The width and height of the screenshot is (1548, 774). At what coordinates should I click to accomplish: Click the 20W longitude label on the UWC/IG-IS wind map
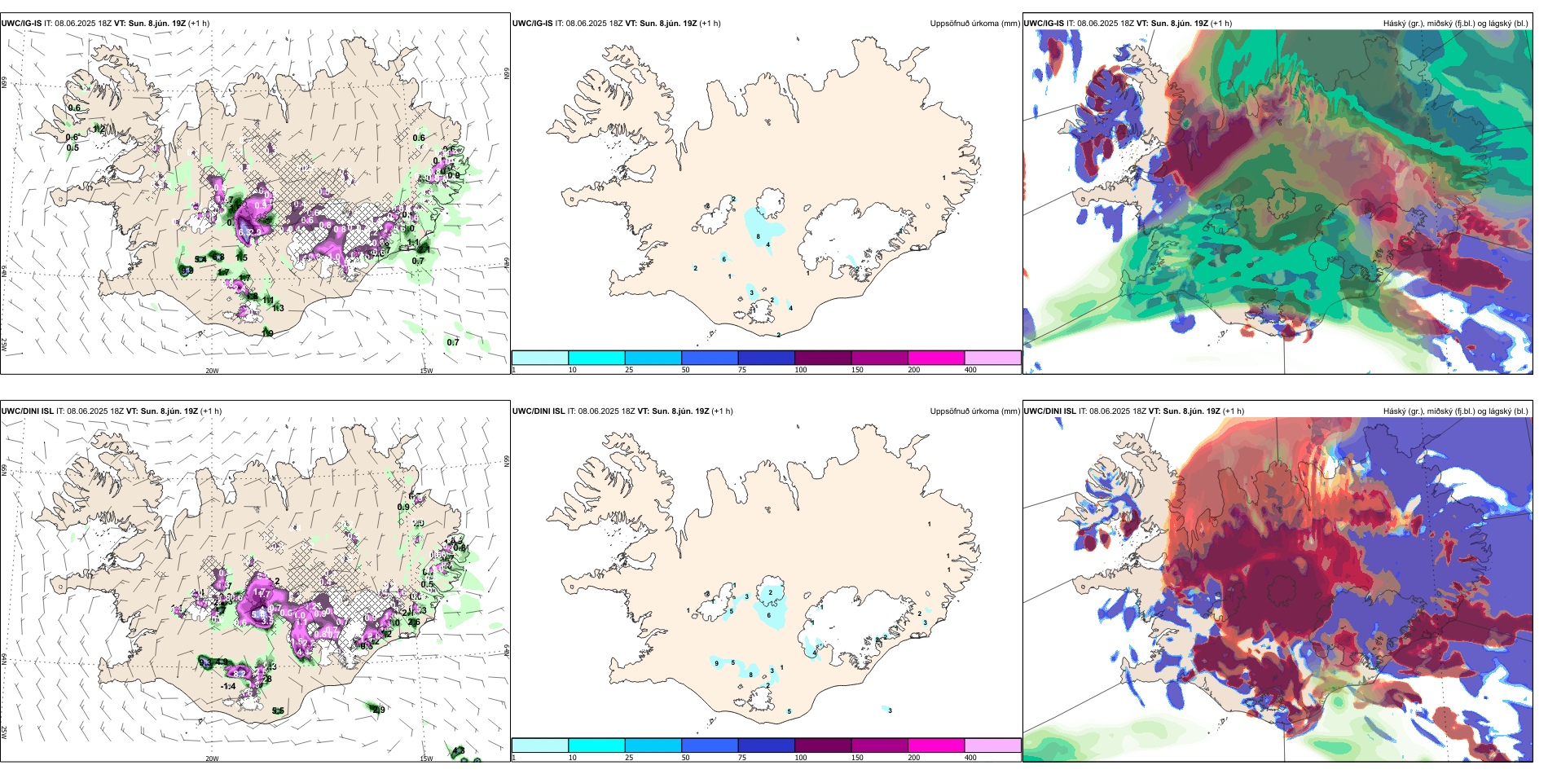pos(212,371)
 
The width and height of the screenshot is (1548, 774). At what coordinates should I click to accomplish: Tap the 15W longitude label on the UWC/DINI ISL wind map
pos(426,759)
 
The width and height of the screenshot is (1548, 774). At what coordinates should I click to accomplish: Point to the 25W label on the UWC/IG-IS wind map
pos(4,345)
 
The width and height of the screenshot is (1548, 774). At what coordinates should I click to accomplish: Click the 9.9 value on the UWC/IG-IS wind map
pos(187,270)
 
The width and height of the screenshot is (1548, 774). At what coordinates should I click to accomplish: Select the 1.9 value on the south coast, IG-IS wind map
pos(267,333)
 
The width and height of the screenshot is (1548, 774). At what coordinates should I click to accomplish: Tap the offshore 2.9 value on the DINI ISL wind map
pos(379,710)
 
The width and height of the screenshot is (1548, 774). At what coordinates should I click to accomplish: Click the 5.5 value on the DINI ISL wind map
pos(278,710)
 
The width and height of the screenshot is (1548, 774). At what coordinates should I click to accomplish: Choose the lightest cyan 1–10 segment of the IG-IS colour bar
pos(540,358)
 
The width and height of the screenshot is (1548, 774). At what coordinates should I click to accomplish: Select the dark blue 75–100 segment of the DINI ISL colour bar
pos(766,745)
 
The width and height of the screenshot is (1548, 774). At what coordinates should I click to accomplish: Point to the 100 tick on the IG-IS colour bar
pos(801,370)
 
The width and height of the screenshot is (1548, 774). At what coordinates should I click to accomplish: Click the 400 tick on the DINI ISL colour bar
pos(970,758)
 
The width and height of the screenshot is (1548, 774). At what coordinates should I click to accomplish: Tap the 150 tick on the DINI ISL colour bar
pos(857,758)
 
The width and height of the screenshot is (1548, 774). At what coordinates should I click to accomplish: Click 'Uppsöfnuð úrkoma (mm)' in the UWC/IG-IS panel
pos(974,24)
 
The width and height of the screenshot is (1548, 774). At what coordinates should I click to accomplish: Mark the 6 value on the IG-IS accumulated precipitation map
pos(723,259)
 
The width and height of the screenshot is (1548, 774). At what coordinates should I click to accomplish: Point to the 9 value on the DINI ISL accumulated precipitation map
pos(716,663)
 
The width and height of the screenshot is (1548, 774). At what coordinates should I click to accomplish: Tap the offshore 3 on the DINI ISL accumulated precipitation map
pos(890,710)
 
